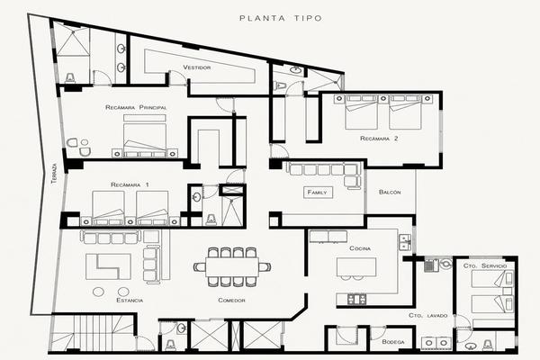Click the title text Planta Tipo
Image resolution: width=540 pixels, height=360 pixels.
tap(281, 18)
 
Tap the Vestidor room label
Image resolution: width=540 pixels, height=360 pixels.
tap(196, 67)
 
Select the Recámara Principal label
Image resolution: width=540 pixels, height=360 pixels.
tap(136, 107)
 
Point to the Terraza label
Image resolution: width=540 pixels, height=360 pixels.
tap(54, 173)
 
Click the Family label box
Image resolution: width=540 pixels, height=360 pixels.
tap(318, 193)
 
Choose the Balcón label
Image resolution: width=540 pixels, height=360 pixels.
tap(390, 192)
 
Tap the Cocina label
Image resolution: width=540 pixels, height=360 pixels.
tap(360, 248)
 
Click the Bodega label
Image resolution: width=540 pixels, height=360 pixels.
tap(393, 342)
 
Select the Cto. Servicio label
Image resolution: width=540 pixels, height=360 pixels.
tap(485, 265)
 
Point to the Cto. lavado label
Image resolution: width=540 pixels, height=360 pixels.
tap(428, 315)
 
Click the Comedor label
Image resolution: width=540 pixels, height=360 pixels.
tap(232, 300)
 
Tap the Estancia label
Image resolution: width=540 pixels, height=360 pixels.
tap(130, 300)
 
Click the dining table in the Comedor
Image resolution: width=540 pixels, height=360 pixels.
tap(232, 267)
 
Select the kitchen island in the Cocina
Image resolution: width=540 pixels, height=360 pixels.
tap(356, 267)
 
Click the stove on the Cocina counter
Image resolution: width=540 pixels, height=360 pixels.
tap(356, 299)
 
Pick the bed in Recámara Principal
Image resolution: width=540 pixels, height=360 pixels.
tap(145, 137)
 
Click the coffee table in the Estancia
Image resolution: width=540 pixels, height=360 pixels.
tap(108, 266)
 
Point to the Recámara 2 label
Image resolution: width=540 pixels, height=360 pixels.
tap(379, 139)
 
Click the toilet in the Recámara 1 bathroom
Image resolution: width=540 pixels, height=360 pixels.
tap(211, 219)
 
